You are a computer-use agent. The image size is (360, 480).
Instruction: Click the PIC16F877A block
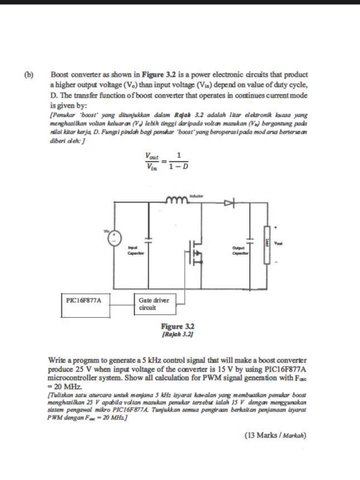point(84,299)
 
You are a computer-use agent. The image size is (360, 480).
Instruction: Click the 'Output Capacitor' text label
point(239,251)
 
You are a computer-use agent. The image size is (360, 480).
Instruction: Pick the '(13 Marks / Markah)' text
point(275,435)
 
